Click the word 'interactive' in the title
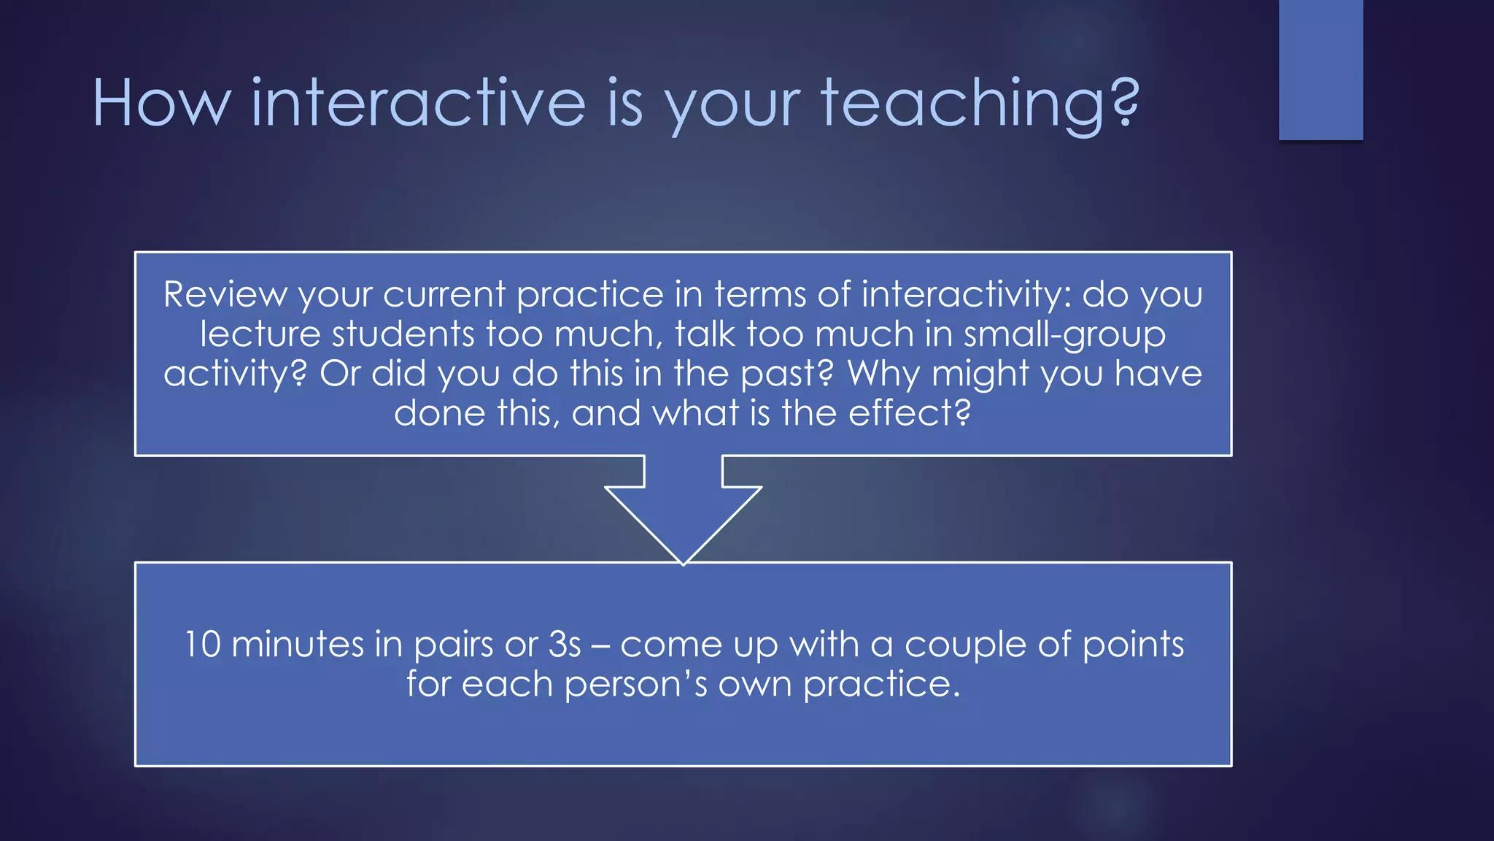[x=418, y=103]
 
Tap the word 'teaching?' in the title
[x=979, y=104]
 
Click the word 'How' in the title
[x=161, y=103]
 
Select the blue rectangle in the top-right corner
[x=1320, y=69]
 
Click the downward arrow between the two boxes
[x=683, y=511]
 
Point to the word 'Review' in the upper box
[x=225, y=295]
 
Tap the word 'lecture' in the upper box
[x=260, y=334]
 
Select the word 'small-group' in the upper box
[x=1064, y=334]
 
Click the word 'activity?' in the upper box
[x=235, y=374]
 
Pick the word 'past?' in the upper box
[x=786, y=374]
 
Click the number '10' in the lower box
[x=202, y=645]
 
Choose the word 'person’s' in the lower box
[x=635, y=685]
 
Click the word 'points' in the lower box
[x=1133, y=645]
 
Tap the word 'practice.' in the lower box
[x=881, y=685]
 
